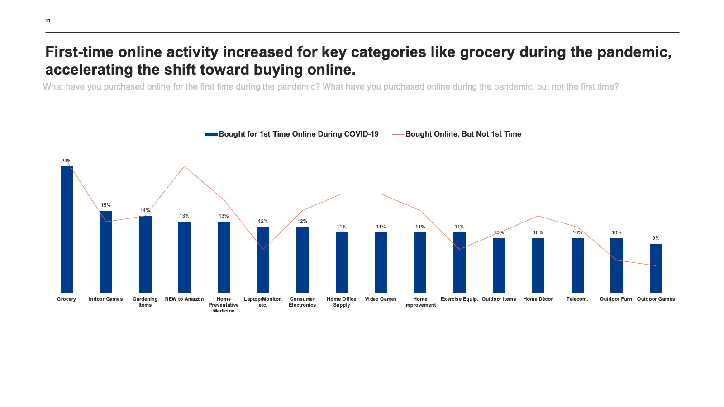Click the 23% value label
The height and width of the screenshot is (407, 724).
point(67,161)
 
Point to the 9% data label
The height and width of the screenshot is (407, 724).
point(656,238)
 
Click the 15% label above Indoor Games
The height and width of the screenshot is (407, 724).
point(106,205)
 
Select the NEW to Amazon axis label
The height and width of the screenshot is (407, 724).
point(184,299)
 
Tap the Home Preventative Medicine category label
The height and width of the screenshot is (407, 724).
point(224,305)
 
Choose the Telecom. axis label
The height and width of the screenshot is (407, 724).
point(577,299)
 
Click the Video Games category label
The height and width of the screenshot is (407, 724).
point(381,299)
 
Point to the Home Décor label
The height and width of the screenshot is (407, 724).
point(538,299)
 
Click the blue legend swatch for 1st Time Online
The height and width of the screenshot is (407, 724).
point(211,134)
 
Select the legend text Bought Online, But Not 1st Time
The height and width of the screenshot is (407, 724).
point(463,134)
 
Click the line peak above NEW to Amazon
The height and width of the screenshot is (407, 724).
point(184,166)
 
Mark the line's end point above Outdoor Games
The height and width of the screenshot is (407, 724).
point(656,265)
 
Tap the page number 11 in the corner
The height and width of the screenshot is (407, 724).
point(48,20)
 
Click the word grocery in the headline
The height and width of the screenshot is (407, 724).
point(487,52)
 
